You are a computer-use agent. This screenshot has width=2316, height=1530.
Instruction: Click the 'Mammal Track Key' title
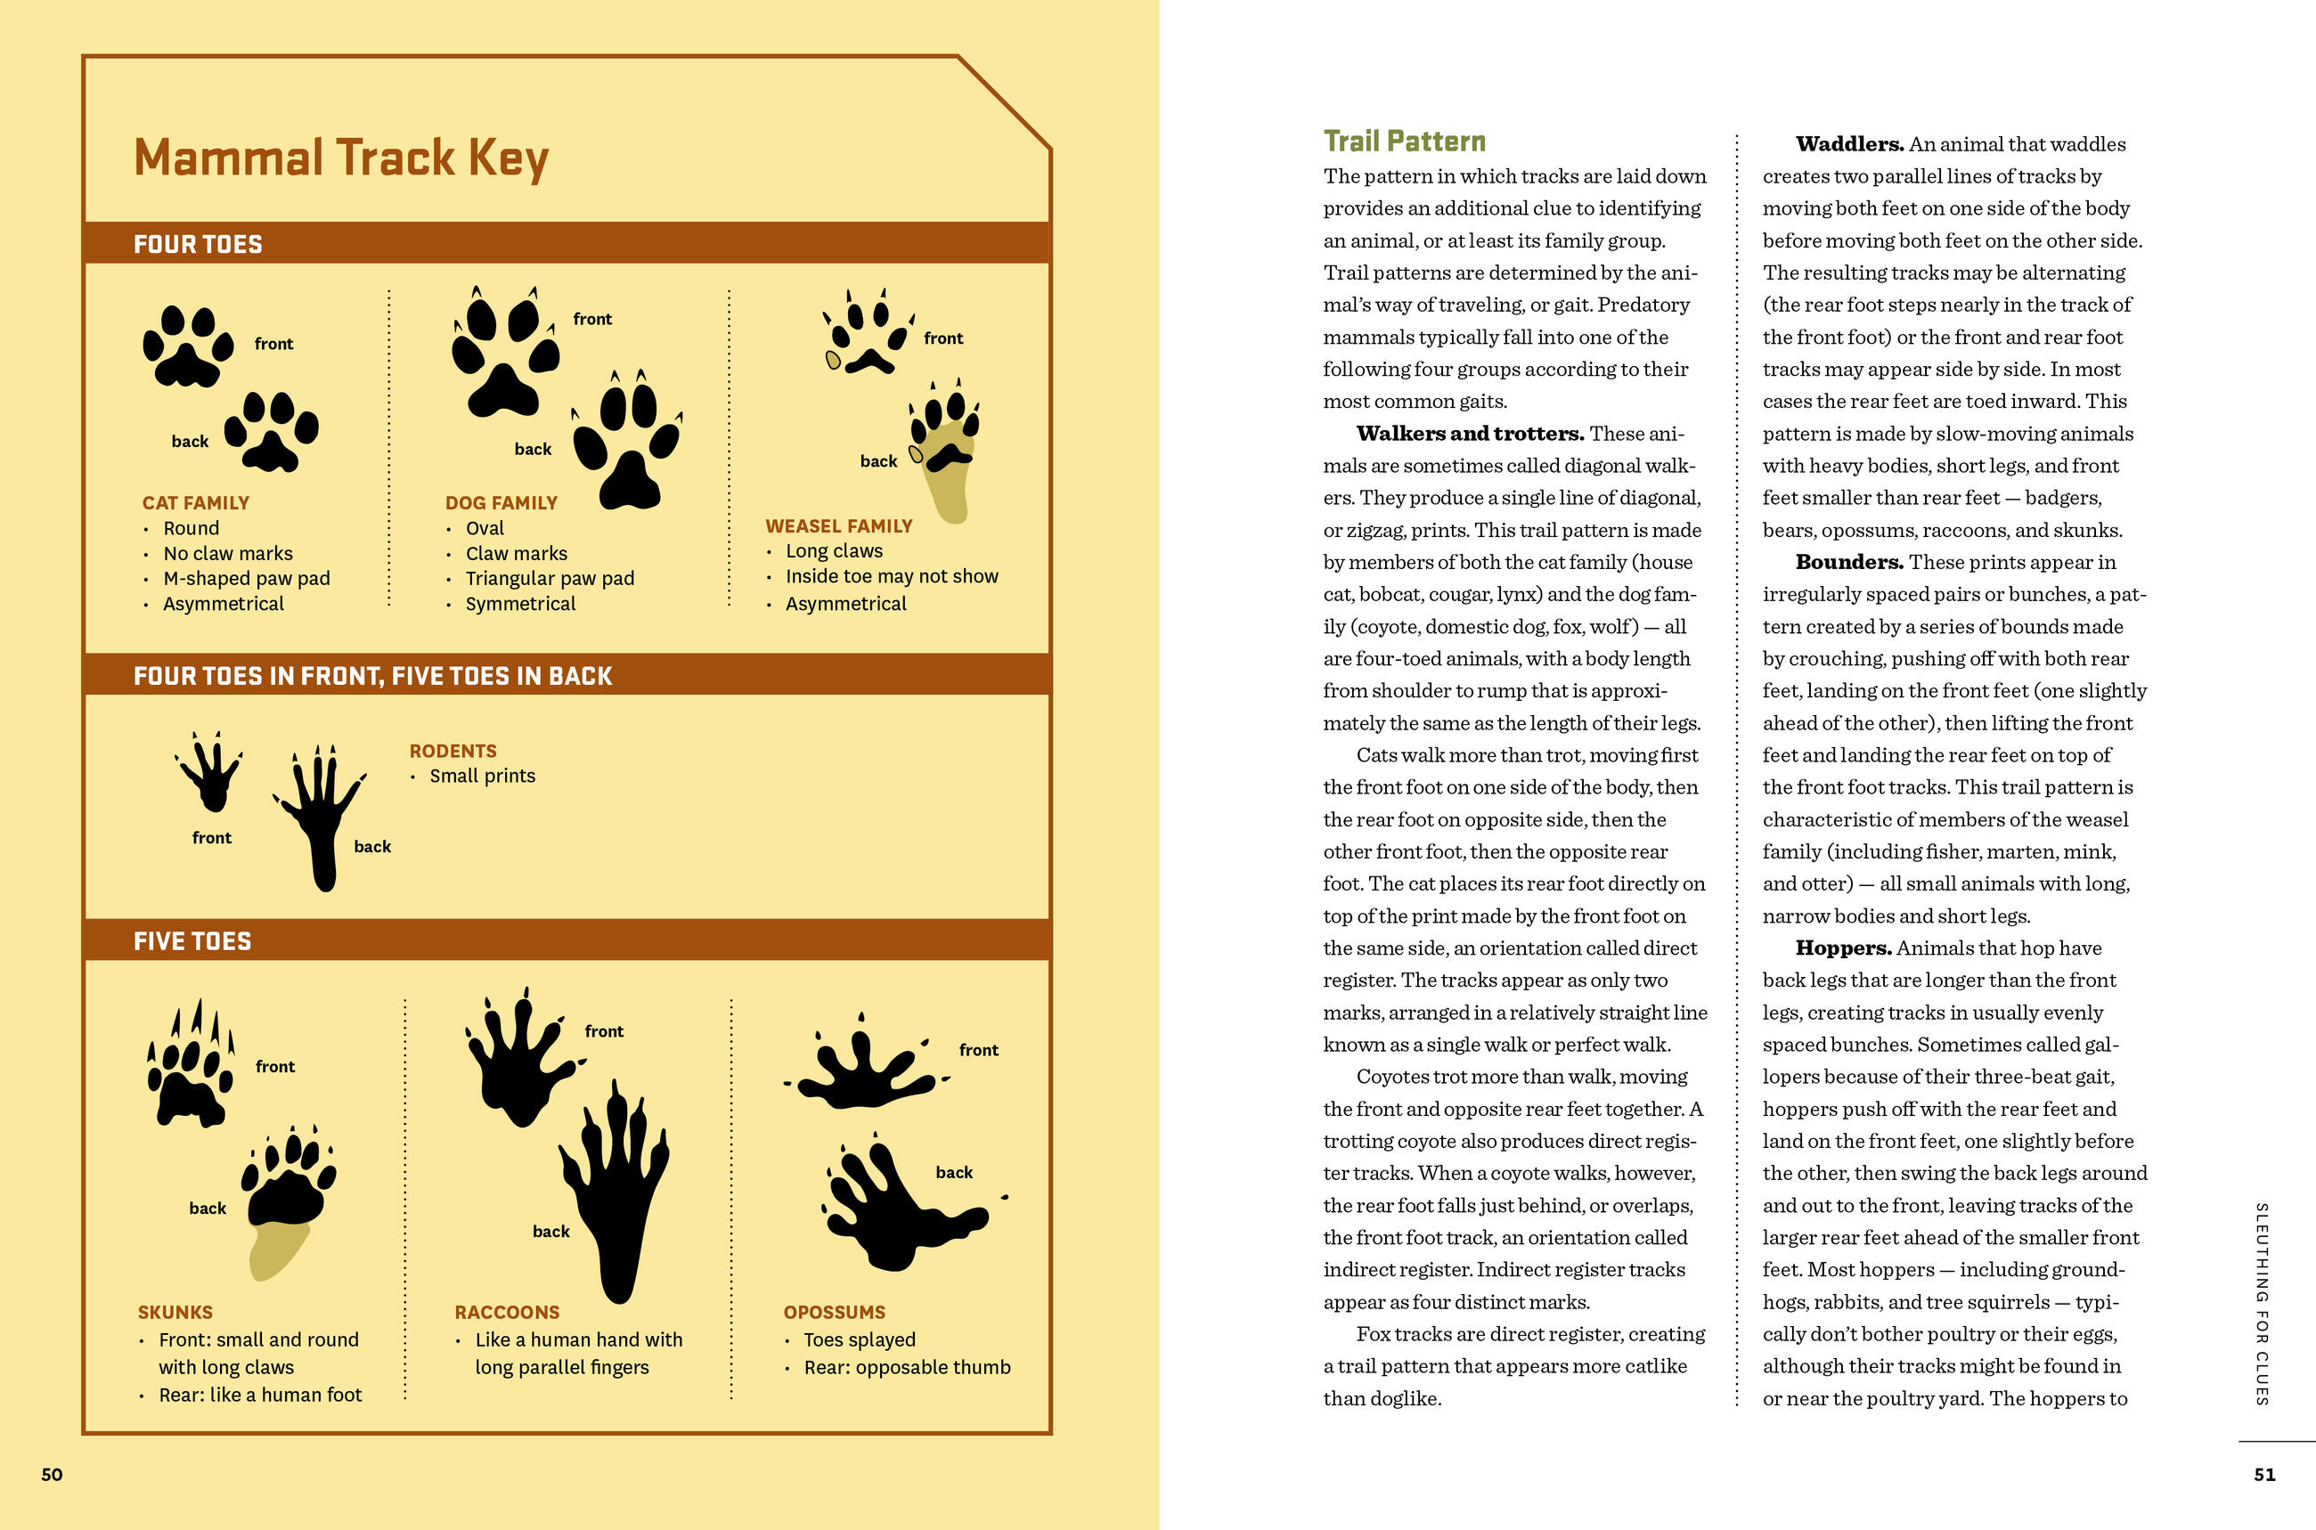pos(340,158)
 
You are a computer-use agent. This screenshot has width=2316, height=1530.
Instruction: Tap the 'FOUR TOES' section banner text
pos(198,244)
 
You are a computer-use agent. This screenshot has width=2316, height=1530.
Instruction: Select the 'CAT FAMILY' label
pos(195,502)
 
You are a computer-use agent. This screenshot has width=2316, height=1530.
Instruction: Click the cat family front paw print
pos(187,346)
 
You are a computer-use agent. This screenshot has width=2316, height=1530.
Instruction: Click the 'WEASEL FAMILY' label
pos(838,526)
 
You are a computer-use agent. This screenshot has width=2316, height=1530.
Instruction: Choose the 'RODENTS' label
pos(453,751)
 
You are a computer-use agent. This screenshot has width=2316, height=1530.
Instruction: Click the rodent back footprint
pos(321,816)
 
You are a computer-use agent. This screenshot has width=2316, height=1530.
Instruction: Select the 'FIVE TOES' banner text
pos(192,940)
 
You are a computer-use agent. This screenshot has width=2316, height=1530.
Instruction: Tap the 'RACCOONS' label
pos(507,1313)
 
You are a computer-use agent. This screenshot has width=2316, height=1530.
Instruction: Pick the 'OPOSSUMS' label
pos(835,1313)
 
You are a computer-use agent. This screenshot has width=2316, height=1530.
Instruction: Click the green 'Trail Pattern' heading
pos(1404,142)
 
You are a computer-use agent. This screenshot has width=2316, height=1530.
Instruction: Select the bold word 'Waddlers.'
pos(1849,144)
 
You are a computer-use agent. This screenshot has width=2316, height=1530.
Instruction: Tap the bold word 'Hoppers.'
pos(1843,948)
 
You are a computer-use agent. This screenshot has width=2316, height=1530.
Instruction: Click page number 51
pos(2264,1475)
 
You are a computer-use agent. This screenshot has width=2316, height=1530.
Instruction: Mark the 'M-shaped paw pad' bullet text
pos(246,579)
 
